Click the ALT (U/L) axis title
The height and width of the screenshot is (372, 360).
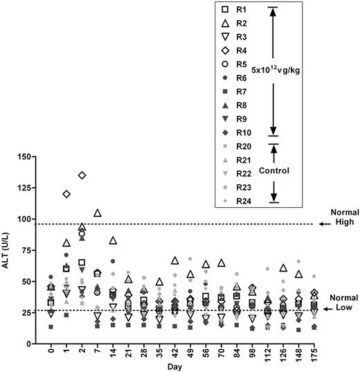coord(8,249)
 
